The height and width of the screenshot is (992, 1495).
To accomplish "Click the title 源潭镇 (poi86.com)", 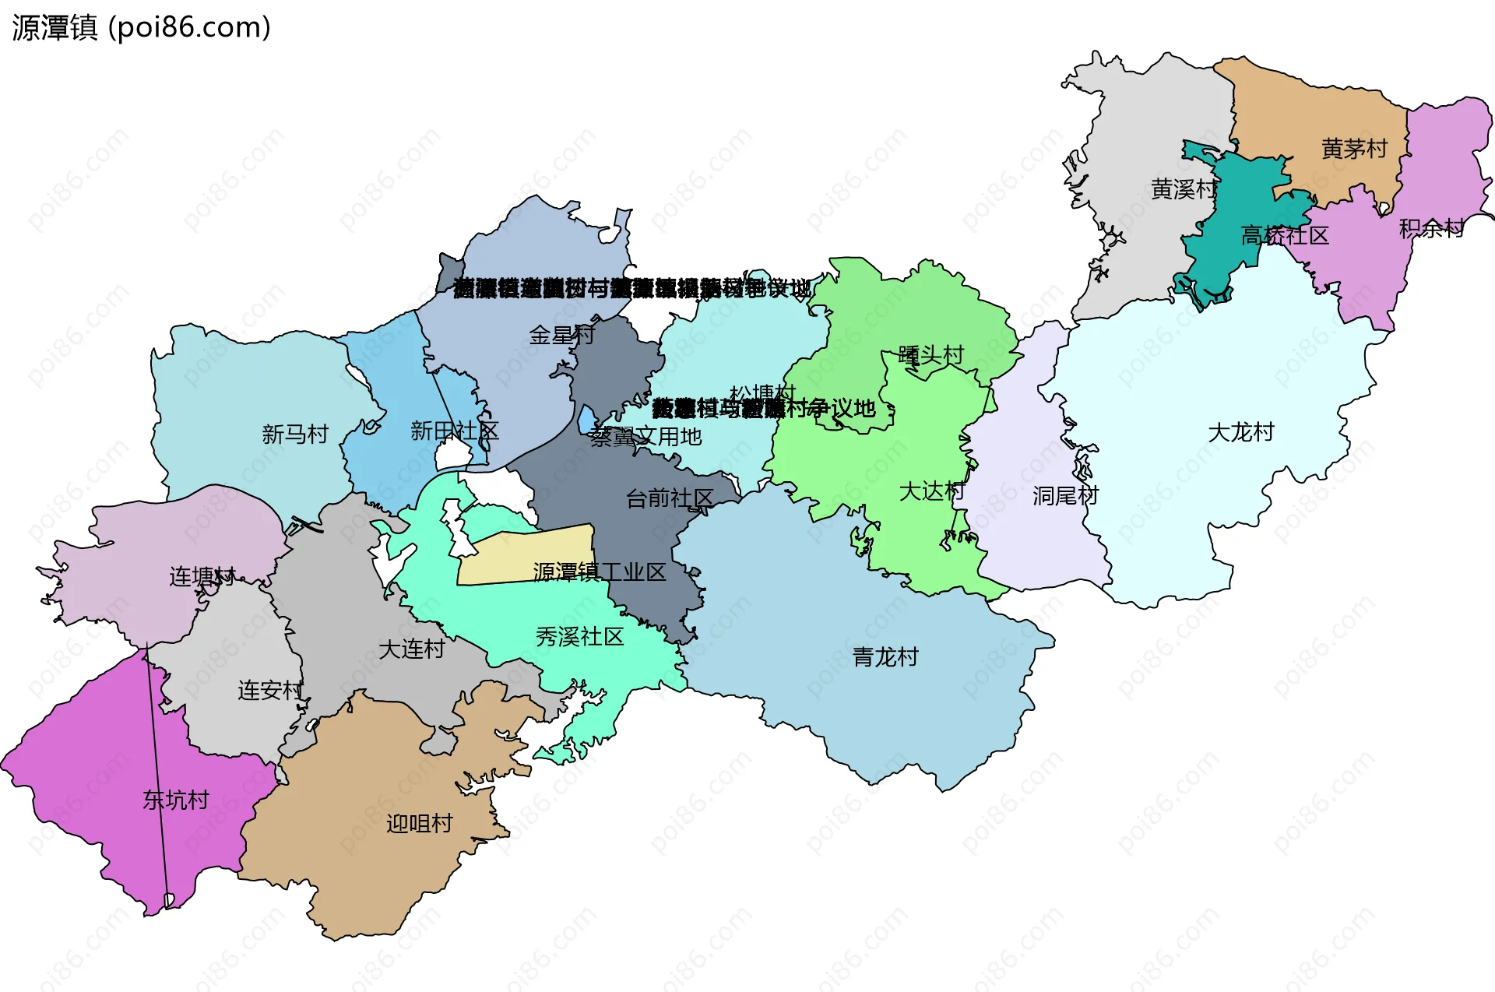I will coord(142,27).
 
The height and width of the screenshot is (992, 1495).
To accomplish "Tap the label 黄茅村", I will coord(1354,148).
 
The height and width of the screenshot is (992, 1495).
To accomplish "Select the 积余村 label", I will coord(1431,228).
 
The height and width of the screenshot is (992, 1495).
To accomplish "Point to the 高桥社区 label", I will coord(1285,235).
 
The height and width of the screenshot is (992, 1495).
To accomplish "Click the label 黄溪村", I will coord(1184,188).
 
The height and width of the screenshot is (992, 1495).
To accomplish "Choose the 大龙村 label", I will coord(1240,432).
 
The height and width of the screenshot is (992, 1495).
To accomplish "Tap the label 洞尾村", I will coord(1065,495).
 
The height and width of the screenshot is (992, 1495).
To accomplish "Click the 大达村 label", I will coord(931,491).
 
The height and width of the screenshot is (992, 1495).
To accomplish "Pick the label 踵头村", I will coord(930,355).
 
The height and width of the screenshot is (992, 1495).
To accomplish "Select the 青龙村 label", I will coord(885,657).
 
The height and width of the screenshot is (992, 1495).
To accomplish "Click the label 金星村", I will coord(561,335).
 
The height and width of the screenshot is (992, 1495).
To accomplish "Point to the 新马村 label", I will coord(295,434).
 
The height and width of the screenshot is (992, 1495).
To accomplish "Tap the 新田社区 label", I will coord(455,431).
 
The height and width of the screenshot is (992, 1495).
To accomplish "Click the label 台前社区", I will coord(670,498).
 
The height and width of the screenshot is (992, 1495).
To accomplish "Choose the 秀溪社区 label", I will coord(579,637).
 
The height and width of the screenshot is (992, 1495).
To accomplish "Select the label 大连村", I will coord(411,649).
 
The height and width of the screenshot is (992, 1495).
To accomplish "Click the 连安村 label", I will coord(270,690).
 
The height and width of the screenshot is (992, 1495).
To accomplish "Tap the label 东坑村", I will coord(176,800).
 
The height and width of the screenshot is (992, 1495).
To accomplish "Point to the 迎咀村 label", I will coord(420,823).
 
